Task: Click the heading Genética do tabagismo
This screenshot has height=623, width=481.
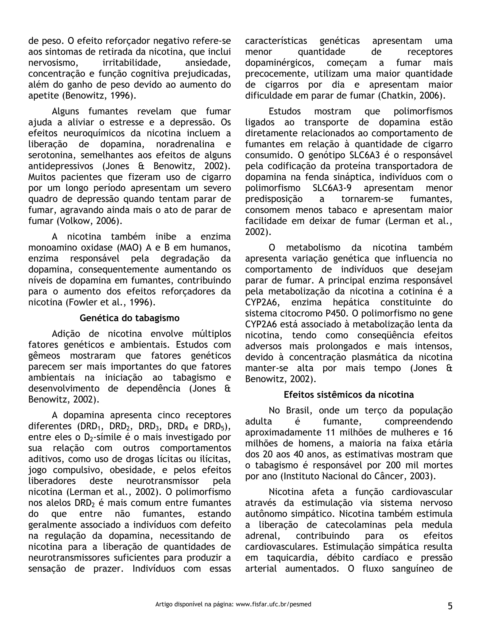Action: coord(129,318)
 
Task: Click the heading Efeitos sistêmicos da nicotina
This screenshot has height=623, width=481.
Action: coord(349,394)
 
